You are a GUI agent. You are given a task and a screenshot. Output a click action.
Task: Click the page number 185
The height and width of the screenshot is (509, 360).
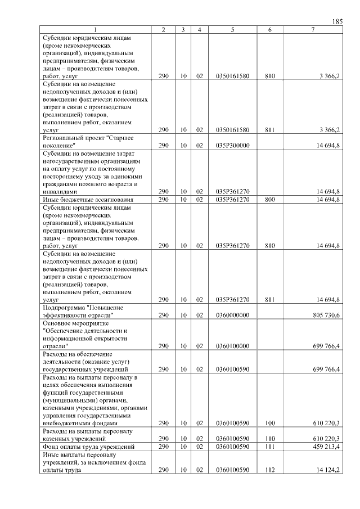click(x=337, y=21)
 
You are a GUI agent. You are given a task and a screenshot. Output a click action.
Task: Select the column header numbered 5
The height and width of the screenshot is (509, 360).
click(x=232, y=29)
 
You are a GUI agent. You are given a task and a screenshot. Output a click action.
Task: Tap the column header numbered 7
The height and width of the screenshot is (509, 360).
click(x=312, y=29)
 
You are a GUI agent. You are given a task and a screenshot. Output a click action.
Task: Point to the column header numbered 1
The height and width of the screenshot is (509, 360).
click(x=96, y=29)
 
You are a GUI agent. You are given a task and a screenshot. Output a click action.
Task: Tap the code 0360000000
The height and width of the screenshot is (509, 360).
click(x=232, y=316)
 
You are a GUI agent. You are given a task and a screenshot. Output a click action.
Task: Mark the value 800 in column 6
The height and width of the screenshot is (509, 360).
click(x=269, y=199)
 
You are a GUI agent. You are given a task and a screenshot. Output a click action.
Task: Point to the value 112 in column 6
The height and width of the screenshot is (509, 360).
click(x=269, y=470)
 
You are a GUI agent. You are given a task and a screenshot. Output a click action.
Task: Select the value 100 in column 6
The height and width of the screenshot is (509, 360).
click(x=269, y=423)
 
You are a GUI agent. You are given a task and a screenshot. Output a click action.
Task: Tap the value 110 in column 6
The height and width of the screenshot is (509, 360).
click(x=269, y=439)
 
